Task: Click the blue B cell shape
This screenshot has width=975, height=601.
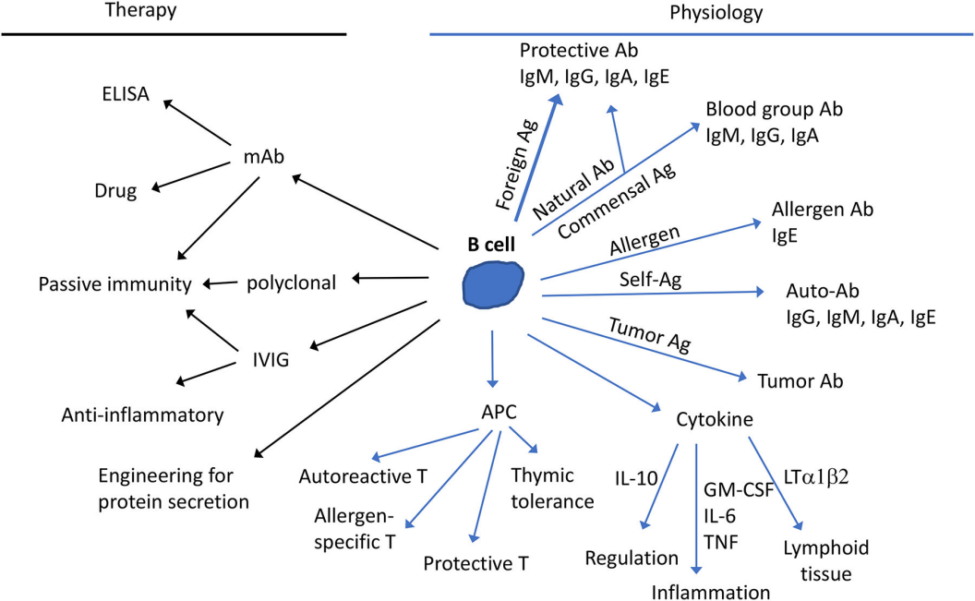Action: [492, 283]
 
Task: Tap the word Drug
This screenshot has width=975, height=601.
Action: [115, 192]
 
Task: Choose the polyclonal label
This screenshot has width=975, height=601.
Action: [291, 282]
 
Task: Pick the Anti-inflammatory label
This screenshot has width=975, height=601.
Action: [143, 415]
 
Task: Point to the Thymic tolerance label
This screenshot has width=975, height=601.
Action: [551, 488]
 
